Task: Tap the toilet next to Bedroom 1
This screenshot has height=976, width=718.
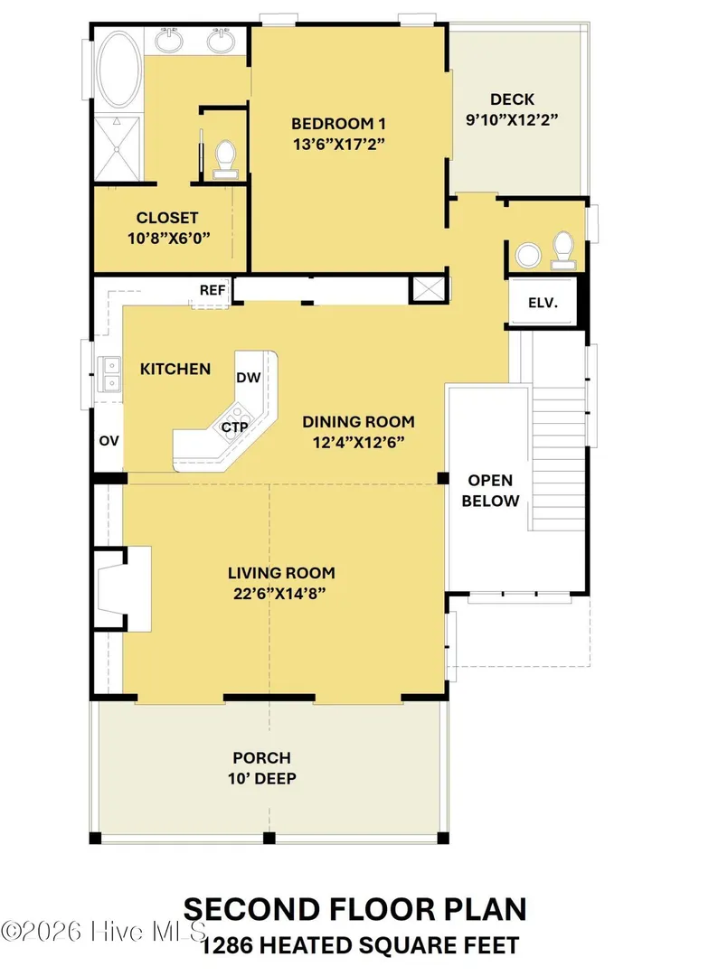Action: click(x=225, y=160)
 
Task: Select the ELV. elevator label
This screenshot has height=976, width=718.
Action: click(x=543, y=303)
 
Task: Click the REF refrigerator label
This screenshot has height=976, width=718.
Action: click(x=213, y=290)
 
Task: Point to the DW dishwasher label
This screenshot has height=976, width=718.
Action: click(x=248, y=377)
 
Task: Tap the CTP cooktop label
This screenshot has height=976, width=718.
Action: click(x=235, y=427)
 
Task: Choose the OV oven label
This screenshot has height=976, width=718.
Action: click(x=109, y=441)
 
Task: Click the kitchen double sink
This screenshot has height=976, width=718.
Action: click(x=111, y=375)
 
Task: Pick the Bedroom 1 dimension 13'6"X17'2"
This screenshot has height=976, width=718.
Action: click(x=339, y=144)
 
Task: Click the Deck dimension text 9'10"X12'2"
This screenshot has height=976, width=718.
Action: click(x=511, y=119)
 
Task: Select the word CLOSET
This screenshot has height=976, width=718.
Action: click(x=167, y=218)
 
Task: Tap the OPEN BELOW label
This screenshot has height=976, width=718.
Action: click(x=490, y=491)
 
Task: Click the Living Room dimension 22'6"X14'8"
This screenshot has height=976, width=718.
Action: click(x=279, y=593)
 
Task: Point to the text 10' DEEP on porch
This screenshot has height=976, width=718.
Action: click(x=261, y=778)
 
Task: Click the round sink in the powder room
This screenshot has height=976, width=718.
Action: click(x=529, y=255)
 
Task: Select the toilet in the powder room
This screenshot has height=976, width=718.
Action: click(x=563, y=250)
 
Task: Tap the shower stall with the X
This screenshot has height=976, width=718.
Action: click(x=118, y=149)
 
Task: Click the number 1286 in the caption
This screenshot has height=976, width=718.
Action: click(x=226, y=945)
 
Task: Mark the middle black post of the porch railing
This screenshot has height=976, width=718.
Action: click(x=269, y=838)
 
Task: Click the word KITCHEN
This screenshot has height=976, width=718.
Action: click(x=175, y=369)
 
